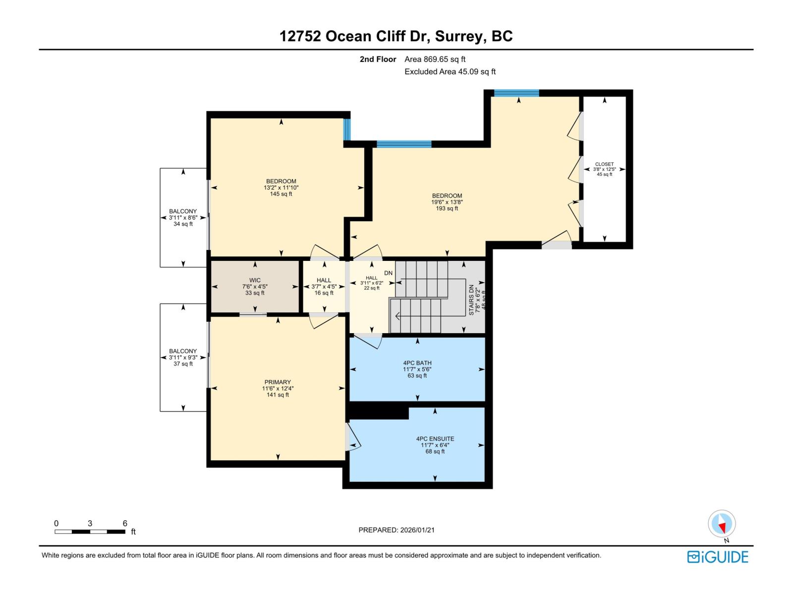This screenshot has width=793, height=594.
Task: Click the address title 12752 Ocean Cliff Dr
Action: point(396,36)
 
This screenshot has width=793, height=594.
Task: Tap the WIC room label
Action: point(255,280)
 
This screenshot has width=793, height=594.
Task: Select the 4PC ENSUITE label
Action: point(435,439)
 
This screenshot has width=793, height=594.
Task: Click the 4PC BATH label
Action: point(417,363)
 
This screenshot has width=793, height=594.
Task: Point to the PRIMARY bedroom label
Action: point(278,382)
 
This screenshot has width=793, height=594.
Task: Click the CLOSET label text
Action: point(604,164)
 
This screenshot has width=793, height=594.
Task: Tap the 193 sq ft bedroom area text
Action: point(447,208)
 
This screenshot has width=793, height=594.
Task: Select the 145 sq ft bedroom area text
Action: point(281,194)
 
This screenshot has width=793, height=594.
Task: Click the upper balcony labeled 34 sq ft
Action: point(183,217)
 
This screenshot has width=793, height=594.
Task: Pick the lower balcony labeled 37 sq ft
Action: point(183,357)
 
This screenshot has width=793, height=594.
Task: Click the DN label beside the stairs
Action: point(388,273)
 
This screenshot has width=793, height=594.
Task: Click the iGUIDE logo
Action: point(718,557)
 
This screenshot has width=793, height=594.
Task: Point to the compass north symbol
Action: point(722,524)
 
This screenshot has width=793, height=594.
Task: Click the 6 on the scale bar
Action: point(125,523)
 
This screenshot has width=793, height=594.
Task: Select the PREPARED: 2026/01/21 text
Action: point(396,530)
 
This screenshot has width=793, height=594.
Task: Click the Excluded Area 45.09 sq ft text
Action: point(450,72)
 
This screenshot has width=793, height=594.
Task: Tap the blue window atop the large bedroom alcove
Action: point(516,93)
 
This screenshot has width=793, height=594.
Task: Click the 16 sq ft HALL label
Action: point(324,287)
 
